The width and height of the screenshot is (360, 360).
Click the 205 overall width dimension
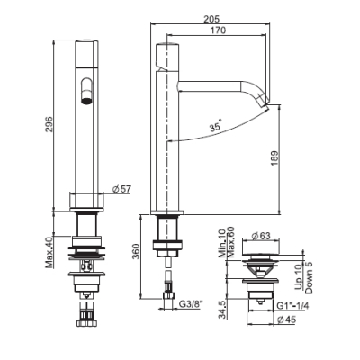[211, 19]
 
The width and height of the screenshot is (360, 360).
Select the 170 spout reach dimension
[218, 31]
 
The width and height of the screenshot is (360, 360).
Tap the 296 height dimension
[49, 124]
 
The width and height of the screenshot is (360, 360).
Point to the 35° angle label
[216, 126]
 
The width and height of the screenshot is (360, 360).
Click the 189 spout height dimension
[274, 159]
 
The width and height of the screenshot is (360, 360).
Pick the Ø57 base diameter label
[121, 189]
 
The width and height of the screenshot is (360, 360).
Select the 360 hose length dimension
[136, 252]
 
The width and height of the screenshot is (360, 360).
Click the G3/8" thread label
[191, 304]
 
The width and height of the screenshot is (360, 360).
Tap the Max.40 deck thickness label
[49, 252]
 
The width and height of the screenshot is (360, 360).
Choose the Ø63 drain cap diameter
[260, 236]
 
